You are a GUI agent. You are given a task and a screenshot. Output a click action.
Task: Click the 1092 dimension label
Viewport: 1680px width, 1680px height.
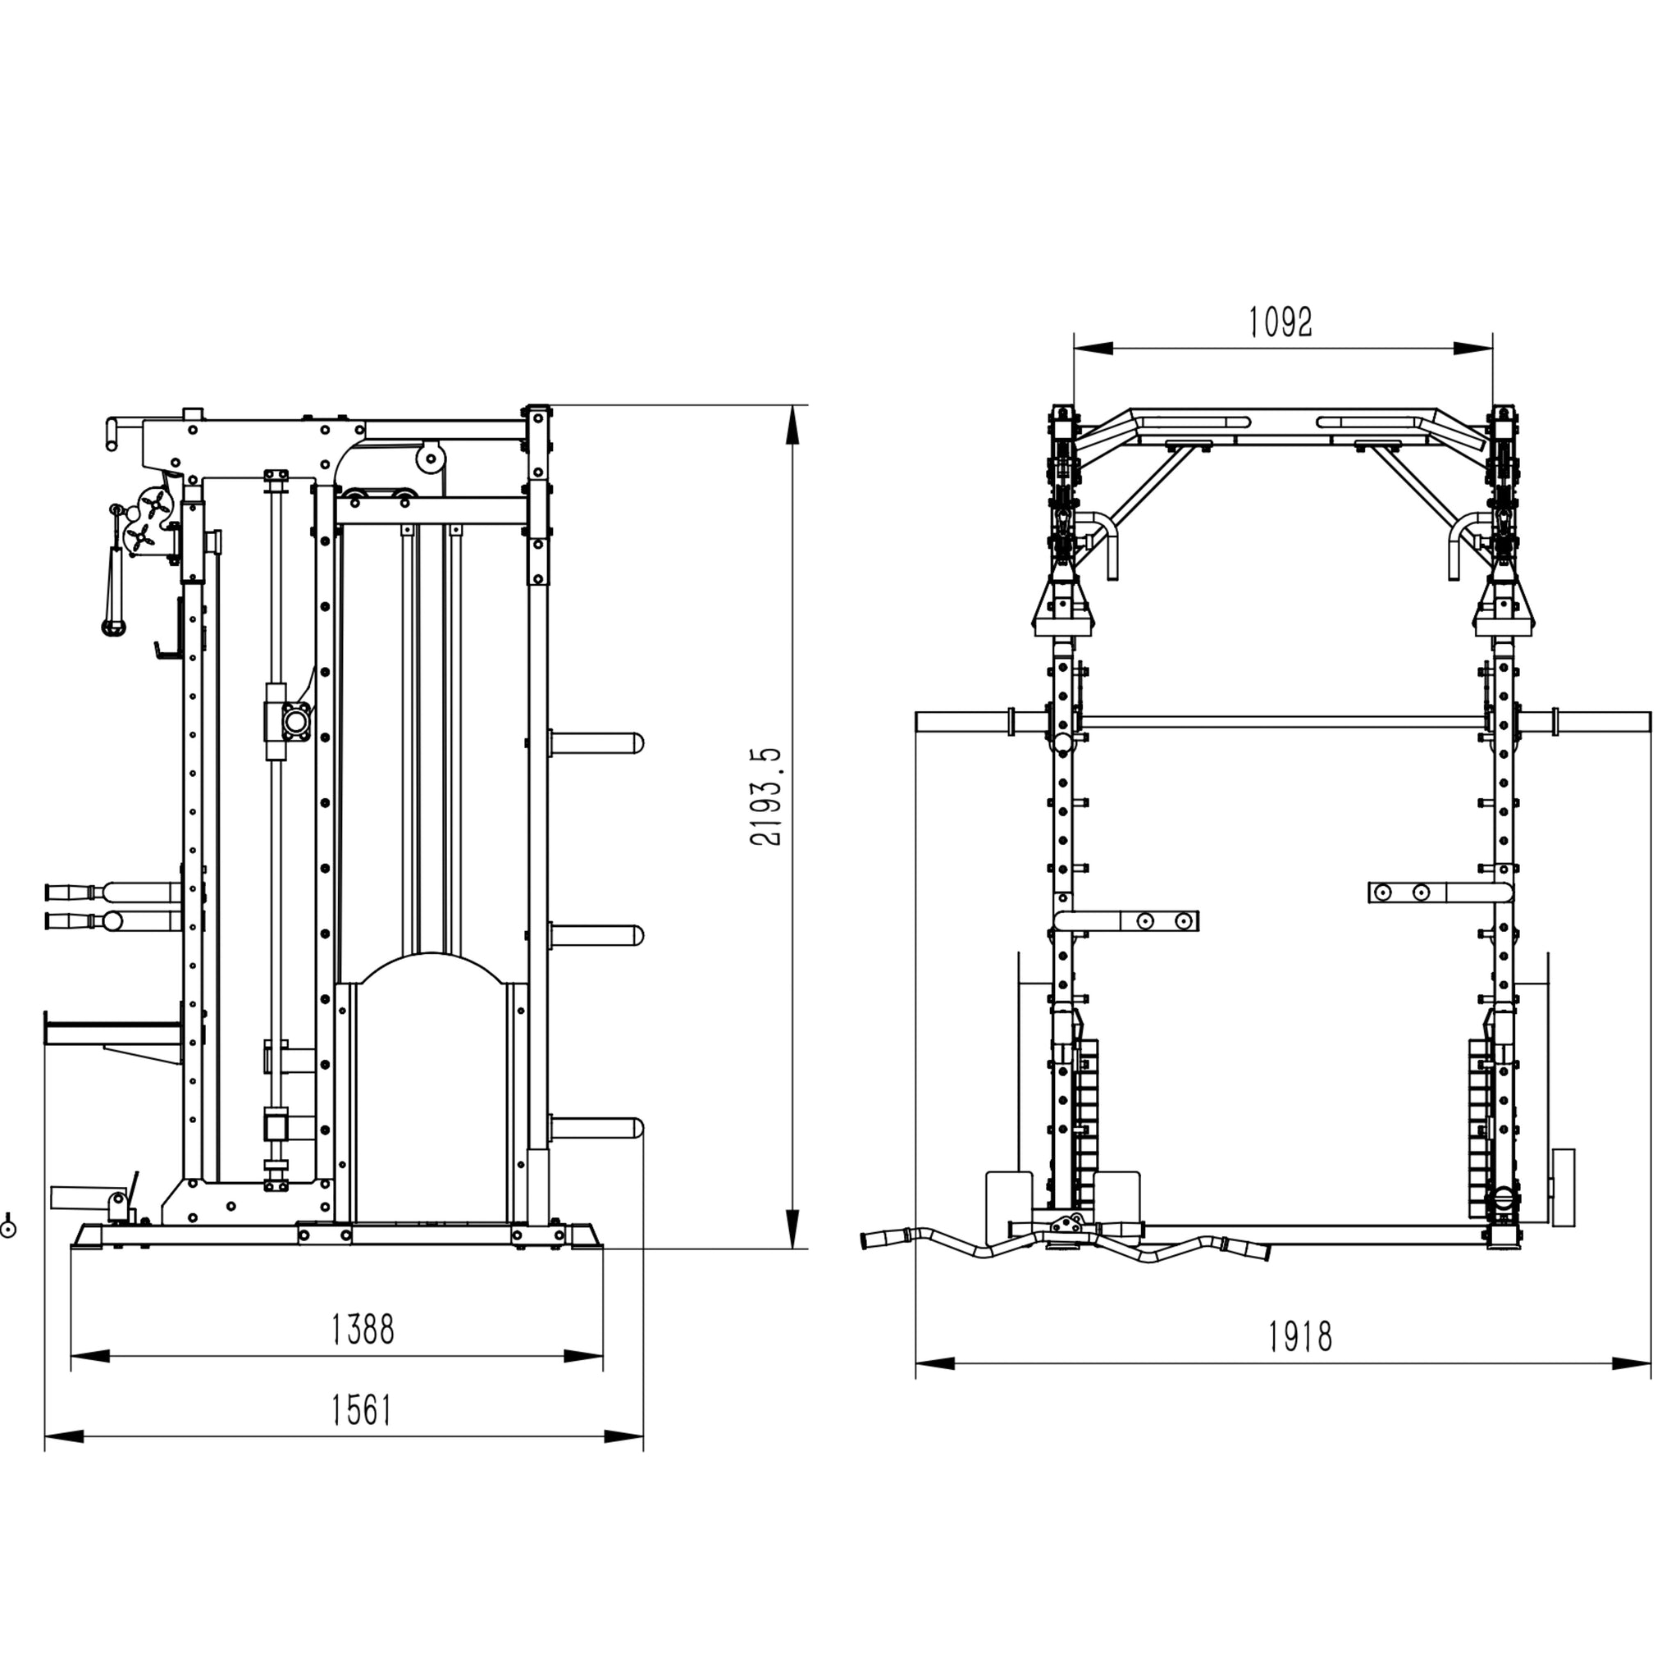(1280, 322)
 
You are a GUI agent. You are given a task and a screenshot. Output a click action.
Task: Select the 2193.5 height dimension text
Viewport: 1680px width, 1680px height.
(766, 797)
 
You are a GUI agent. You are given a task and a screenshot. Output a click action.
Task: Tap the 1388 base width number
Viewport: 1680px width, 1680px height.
(363, 1330)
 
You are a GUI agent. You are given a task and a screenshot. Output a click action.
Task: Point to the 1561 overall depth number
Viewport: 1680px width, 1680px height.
(362, 1410)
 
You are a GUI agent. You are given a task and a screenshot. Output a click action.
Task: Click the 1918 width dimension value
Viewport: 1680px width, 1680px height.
(1300, 1336)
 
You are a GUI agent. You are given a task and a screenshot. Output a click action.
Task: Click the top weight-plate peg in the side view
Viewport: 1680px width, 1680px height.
(596, 742)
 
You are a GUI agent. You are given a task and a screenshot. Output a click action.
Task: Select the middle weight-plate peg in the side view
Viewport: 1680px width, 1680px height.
(596, 936)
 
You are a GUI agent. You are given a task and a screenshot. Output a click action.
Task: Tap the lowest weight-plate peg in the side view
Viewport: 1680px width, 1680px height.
(596, 1129)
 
